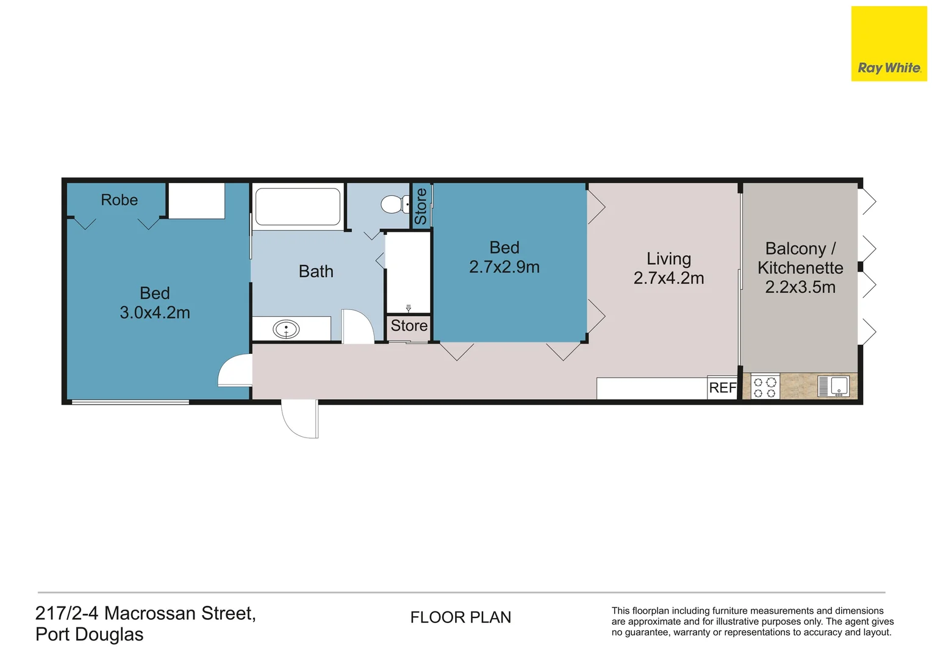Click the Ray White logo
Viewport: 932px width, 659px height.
[x=888, y=44]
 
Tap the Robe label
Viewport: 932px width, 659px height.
[x=120, y=200]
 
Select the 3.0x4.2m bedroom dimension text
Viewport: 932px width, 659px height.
[x=155, y=312]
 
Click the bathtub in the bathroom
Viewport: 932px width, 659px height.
[x=298, y=207]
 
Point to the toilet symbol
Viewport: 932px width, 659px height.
[x=394, y=204]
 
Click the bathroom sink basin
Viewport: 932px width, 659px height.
[x=286, y=330]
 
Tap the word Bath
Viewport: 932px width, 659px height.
[x=316, y=272]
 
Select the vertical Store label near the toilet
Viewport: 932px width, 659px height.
[x=421, y=206]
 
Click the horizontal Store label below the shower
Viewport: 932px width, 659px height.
[x=409, y=326]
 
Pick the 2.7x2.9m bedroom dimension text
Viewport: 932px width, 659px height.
[x=504, y=267]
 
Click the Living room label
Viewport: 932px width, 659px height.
[x=669, y=259]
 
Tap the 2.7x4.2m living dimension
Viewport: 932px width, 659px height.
[x=669, y=278]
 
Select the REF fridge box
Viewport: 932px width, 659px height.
[x=722, y=387]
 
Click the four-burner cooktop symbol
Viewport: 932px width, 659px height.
[x=765, y=387]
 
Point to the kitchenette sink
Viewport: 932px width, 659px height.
[x=839, y=386]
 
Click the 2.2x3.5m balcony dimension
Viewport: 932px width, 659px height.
[x=800, y=287]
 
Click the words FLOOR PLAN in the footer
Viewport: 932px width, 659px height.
[x=461, y=618]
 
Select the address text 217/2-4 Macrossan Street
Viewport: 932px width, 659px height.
[x=145, y=613]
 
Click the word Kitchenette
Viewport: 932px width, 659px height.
[x=800, y=268]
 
